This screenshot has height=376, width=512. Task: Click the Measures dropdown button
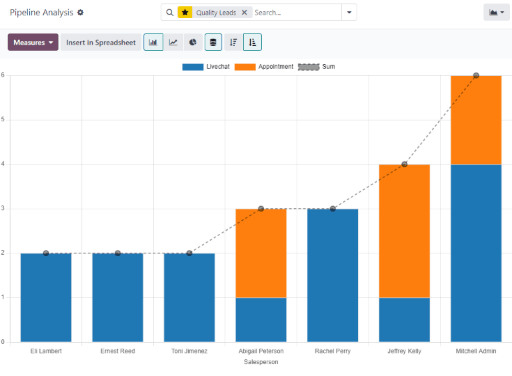coord(33,43)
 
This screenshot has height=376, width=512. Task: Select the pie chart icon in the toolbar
coord(193,43)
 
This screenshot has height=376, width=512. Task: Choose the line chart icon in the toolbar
coord(173,43)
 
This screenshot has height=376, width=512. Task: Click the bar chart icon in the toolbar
coord(153,43)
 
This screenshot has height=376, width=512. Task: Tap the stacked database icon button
coord(213,43)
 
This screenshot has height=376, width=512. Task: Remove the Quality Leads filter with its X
coord(245,13)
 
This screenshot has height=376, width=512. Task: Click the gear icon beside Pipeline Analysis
coord(81,13)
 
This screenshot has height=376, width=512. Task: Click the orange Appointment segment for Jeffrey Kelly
coord(404,231)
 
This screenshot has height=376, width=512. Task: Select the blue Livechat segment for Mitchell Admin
coord(476,253)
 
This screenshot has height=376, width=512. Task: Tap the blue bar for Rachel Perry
coord(333,275)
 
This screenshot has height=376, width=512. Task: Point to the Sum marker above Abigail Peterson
coord(261,209)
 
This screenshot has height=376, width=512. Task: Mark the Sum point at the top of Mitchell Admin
coord(476,75)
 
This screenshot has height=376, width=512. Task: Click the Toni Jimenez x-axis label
coord(189,351)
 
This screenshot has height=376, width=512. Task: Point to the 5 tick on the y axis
coord(3,120)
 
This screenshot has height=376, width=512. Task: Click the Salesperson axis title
coord(261,362)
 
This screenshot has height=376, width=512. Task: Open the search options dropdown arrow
coord(349,13)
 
